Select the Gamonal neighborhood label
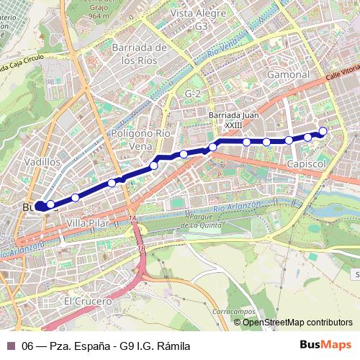288,74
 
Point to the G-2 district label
192,94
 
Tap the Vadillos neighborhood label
42,162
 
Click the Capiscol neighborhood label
307,165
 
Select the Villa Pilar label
86,224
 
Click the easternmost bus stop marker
323,131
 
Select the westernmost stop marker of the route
41,204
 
